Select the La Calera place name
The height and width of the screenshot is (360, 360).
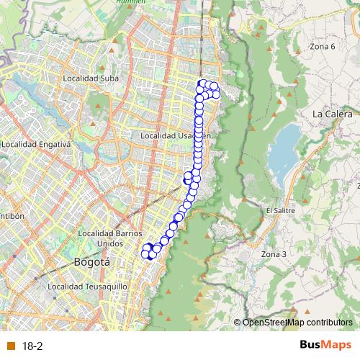[x=332, y=114]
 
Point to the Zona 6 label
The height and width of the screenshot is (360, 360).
[x=322, y=46]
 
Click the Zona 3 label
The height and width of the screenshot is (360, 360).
[x=274, y=254]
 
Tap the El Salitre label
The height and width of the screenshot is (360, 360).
[x=279, y=210]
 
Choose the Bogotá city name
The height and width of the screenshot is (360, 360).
[x=92, y=263]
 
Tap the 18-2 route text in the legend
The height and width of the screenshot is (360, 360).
[x=32, y=346]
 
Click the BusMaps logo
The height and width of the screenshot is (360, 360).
[x=326, y=345]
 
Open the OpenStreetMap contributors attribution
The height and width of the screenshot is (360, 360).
[x=297, y=323]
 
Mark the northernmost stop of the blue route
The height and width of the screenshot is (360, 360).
[x=202, y=84]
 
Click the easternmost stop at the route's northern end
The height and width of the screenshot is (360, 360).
[x=217, y=96]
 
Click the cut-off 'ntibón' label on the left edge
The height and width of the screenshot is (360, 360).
[x=12, y=215]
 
